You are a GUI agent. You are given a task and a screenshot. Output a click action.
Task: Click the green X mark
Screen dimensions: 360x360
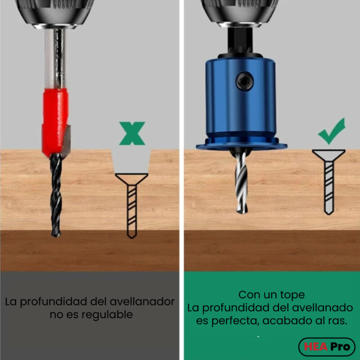coord(132,133)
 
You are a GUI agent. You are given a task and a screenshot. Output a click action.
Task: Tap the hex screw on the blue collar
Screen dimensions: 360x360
coord(244,81)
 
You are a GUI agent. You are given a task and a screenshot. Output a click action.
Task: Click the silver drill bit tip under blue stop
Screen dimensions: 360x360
coord(242,211)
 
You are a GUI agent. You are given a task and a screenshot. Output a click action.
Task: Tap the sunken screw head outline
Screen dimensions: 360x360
coord(131,179)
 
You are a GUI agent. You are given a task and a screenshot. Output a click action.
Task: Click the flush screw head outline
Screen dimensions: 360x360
coord(329,155)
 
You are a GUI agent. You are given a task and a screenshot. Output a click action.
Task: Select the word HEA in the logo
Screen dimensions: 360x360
coord(316,346)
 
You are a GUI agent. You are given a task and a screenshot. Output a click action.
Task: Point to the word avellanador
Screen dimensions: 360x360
coord(142,301)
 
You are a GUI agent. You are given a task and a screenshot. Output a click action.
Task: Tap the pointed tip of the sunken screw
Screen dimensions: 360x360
coord(132,238)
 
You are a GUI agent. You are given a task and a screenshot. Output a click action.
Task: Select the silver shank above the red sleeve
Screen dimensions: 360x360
coord(55,58)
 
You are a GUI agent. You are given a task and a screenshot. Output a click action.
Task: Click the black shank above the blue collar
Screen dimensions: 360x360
coord(240,40)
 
